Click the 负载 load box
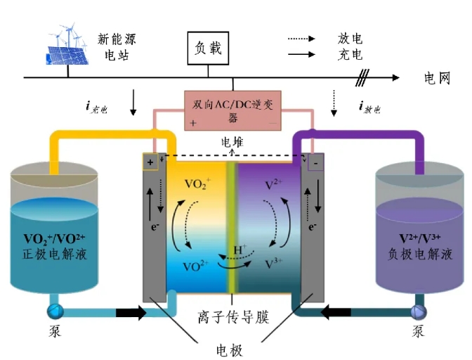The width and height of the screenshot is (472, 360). [x=208, y=48]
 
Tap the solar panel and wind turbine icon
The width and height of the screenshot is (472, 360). [x=68, y=45]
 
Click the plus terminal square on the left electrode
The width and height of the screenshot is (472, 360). [x=150, y=162]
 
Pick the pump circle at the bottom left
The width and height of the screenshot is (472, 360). [x=55, y=311]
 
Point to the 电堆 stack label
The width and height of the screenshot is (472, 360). [x=232, y=143]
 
